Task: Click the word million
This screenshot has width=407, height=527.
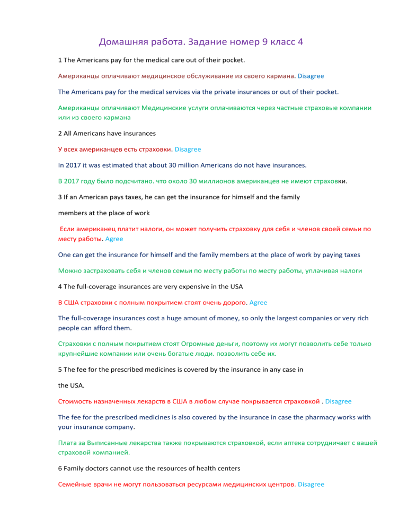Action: [183, 165]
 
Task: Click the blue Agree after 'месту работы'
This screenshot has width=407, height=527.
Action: [114, 239]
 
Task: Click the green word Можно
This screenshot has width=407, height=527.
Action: [69, 270]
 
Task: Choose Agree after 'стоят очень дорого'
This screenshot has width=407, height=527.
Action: [258, 302]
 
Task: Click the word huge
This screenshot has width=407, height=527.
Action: [175, 318]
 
